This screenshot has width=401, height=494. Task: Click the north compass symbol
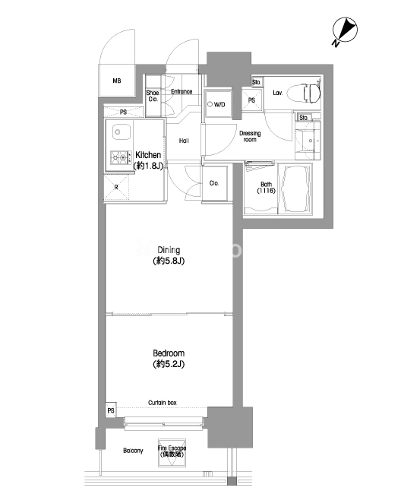[x=345, y=30]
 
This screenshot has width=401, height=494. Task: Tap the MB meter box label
[x=117, y=81]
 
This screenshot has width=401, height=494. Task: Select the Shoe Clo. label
[x=153, y=96]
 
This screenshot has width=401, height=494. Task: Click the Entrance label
[x=182, y=91]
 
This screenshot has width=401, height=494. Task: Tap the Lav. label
[x=278, y=93]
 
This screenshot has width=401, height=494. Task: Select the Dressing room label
[x=250, y=136]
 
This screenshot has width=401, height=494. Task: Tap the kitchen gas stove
[x=121, y=157]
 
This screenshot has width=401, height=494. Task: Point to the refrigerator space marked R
[x=116, y=188]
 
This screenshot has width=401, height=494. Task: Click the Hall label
[x=184, y=141]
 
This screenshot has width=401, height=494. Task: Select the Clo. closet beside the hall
[x=214, y=183]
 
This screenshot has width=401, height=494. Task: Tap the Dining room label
[x=169, y=255]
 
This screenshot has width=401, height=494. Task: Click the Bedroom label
[x=169, y=359]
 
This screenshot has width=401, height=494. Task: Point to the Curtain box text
[x=163, y=403]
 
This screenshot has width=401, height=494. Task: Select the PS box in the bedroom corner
[x=111, y=410]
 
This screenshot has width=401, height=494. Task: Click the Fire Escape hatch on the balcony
[x=172, y=453]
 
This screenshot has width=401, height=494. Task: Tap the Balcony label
[x=133, y=451]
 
